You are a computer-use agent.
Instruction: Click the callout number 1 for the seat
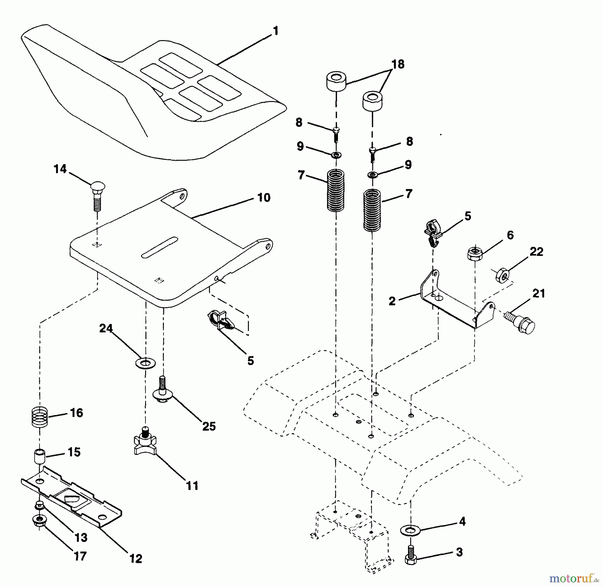275,31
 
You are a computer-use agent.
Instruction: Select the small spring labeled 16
40,416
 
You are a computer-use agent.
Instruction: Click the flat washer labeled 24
145,362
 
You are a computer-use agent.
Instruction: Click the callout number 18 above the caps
398,64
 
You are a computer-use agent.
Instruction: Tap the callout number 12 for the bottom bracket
136,558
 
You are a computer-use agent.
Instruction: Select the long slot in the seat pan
159,248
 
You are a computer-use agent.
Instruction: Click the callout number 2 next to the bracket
392,301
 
